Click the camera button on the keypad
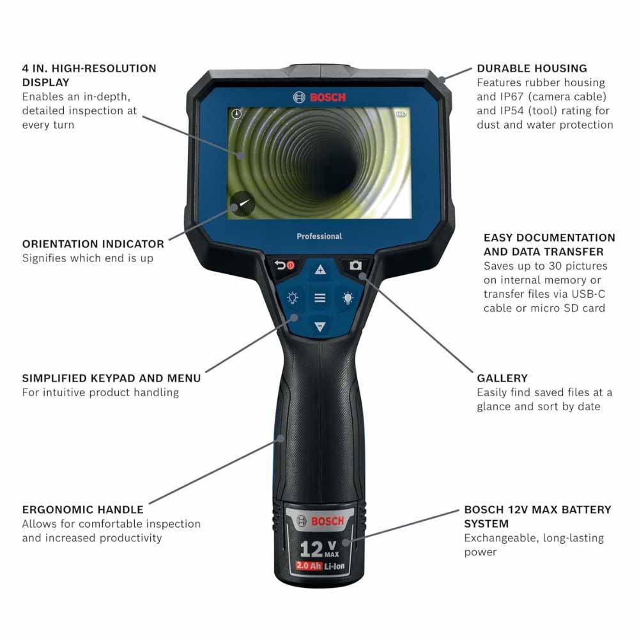click(x=355, y=265)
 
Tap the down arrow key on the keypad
click(x=320, y=327)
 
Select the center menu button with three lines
click(x=320, y=298)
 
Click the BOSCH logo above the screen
click(x=319, y=97)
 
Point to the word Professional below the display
click(x=319, y=236)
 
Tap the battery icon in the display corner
click(x=401, y=115)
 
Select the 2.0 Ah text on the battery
click(x=307, y=566)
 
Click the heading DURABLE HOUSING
click(x=532, y=68)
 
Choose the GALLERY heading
click(x=502, y=378)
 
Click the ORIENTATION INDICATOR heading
click(x=93, y=244)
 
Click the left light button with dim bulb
click(x=293, y=298)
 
